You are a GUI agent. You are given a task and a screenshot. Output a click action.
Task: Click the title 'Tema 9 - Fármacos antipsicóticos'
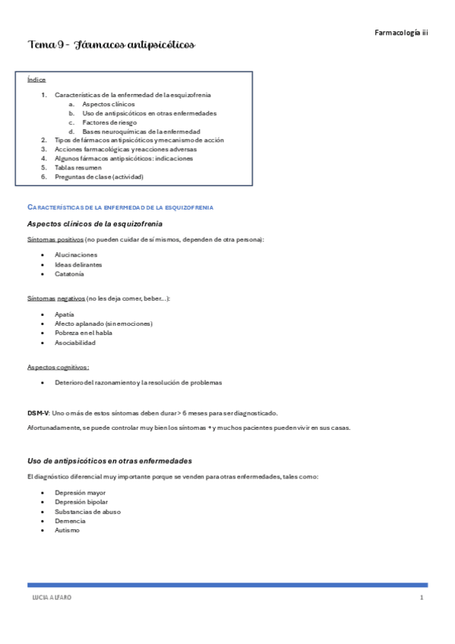pos(111,46)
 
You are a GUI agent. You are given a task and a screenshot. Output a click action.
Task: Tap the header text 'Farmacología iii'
pos(401,33)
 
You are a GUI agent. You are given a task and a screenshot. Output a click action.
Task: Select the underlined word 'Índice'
pos(36,79)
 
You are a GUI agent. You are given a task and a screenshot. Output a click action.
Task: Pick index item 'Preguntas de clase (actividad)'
pos(99,177)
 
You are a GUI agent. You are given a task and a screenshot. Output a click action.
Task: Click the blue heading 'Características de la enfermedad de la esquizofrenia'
pos(120,207)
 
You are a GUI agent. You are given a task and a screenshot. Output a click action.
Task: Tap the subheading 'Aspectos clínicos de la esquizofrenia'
pos(94,224)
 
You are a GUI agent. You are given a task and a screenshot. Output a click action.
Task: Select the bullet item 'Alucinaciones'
pos(76,255)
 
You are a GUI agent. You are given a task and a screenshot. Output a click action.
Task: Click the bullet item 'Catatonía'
pos(70,274)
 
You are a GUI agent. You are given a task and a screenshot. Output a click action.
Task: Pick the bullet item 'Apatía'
pos(65,314)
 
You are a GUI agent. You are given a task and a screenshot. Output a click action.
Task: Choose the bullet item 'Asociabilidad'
pos(75,343)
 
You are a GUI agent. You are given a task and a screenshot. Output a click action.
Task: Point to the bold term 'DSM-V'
pos(37,413)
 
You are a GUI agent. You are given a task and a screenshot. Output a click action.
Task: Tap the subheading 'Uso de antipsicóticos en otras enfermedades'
pos(109,461)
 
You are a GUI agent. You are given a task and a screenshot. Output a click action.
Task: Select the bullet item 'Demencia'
pos(70,521)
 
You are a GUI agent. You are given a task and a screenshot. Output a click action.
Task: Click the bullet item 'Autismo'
pos(67,530)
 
